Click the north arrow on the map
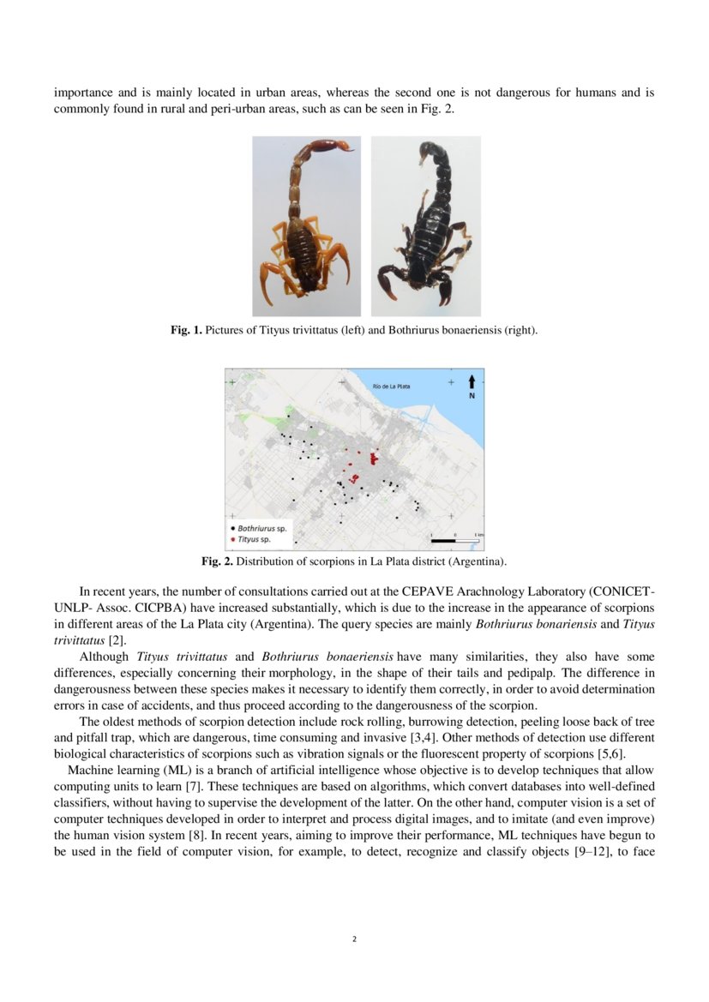click(472, 384)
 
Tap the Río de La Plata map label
click(392, 387)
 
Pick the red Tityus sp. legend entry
click(250, 539)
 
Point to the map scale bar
click(454, 541)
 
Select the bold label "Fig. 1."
click(186, 331)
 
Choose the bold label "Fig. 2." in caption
click(217, 562)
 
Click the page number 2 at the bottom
click(354, 939)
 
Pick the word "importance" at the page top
click(84, 93)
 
